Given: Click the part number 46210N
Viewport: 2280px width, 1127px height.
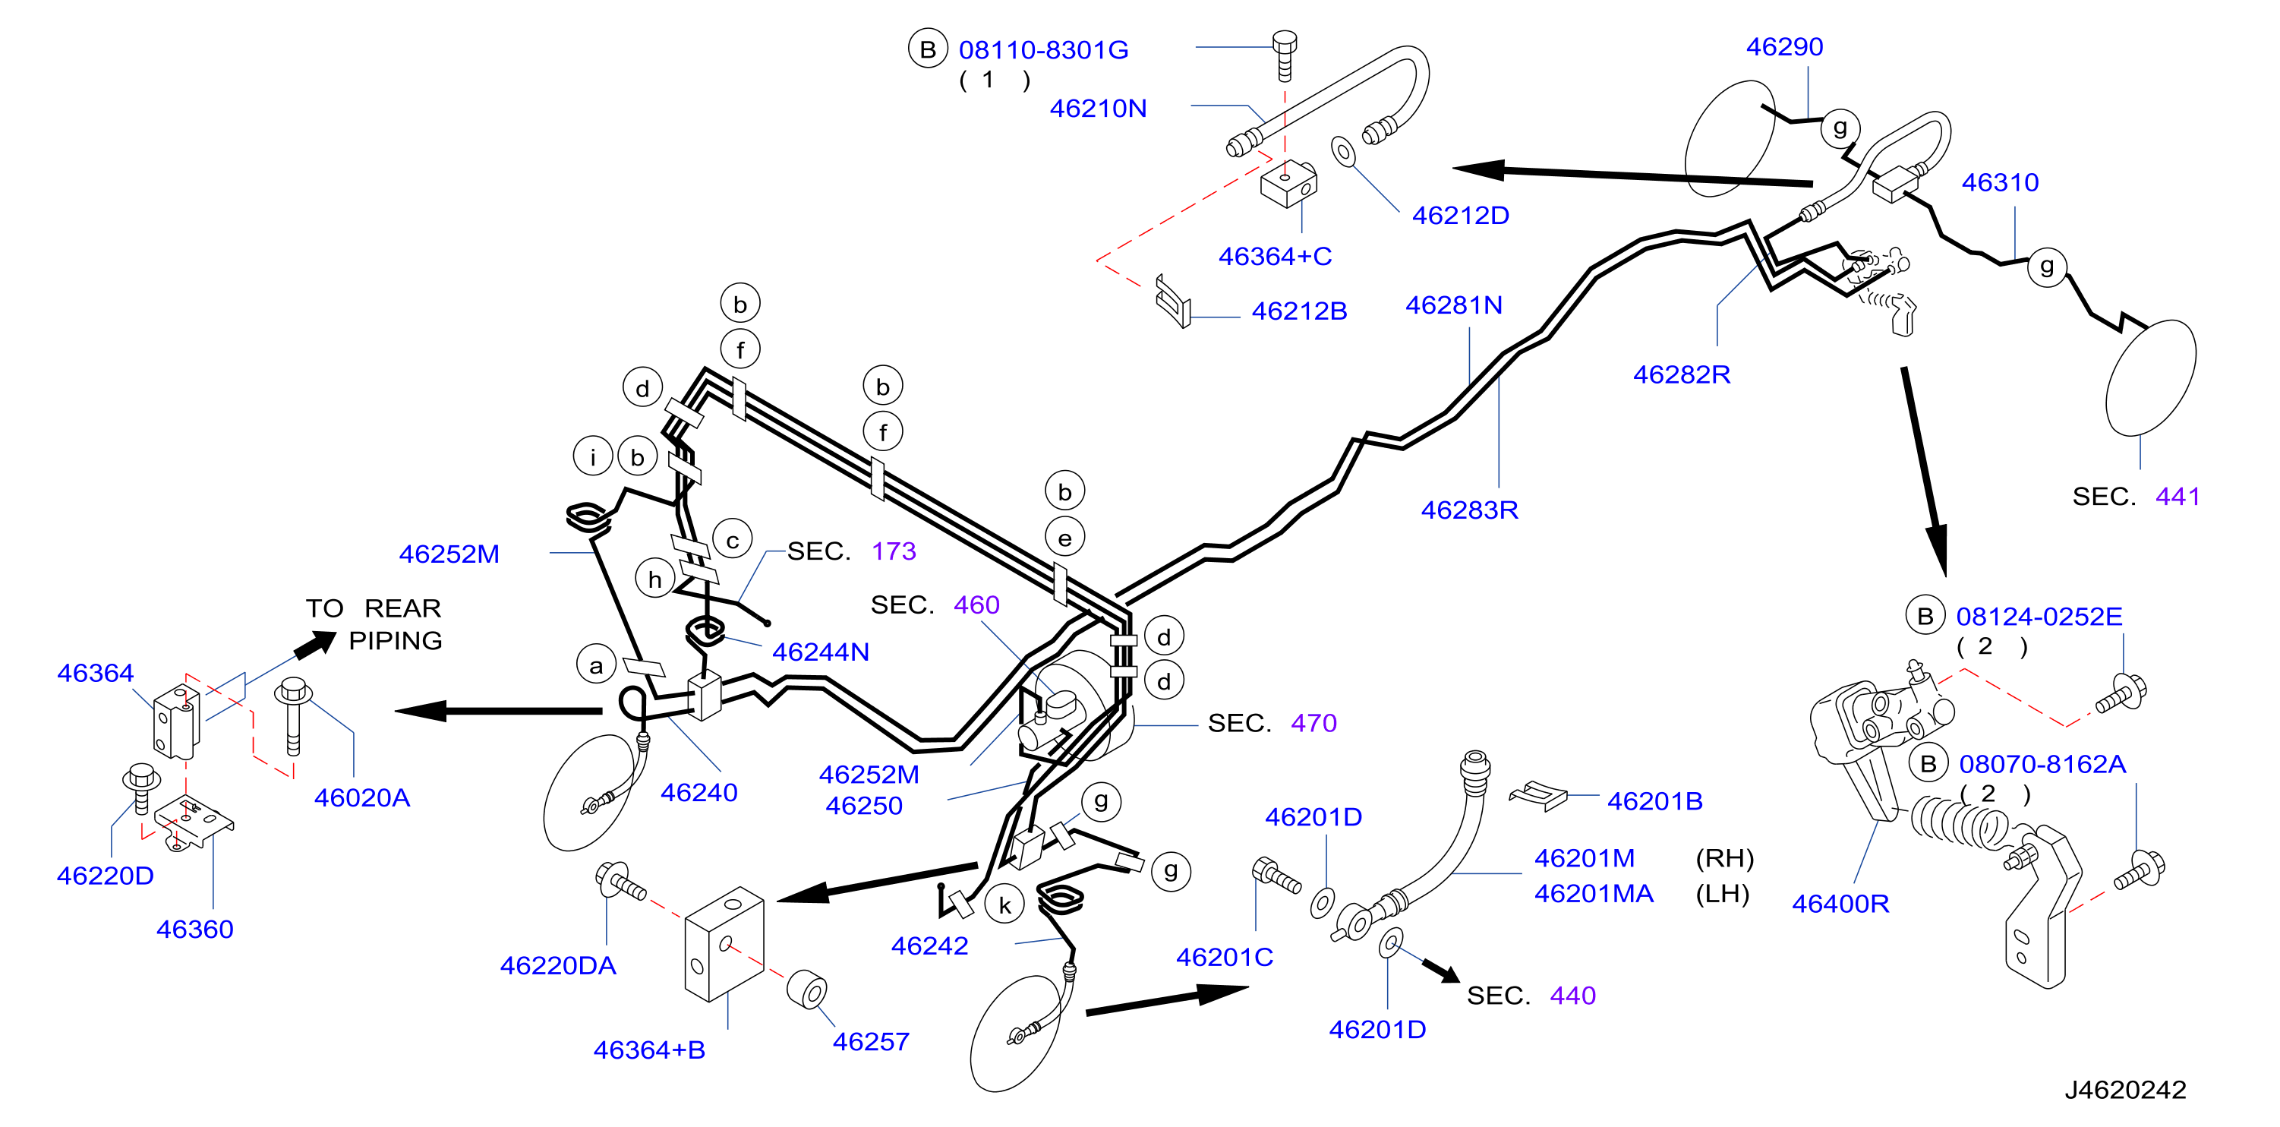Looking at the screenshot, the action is [x=1098, y=108].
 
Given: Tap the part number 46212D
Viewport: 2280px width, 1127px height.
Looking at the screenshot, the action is [x=1461, y=215].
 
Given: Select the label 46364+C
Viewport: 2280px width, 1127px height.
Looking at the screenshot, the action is [x=1275, y=256].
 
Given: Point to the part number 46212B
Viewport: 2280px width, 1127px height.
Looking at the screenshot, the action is [x=1299, y=311].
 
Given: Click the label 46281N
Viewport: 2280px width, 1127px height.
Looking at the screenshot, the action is [x=1454, y=305].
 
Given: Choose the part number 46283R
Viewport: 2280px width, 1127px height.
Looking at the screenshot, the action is [x=1469, y=510].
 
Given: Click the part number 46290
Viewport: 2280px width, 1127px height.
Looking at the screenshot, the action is [x=1784, y=46].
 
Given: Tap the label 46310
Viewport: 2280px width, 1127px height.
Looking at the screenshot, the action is [x=2001, y=182].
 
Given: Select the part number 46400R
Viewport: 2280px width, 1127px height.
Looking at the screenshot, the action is [x=1840, y=903].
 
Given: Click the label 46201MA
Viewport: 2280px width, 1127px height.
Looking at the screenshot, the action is [x=1594, y=893].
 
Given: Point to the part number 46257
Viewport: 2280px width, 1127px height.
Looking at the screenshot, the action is [x=871, y=1041].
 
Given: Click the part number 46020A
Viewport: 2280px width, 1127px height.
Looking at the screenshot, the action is [x=362, y=797].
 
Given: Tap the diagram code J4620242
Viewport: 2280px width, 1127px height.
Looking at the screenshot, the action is [x=2125, y=1089].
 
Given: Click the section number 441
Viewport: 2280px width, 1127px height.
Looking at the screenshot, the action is [x=2178, y=496].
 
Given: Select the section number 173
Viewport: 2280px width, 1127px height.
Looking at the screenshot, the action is [x=894, y=551].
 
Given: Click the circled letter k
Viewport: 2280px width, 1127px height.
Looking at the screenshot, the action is [x=1004, y=904].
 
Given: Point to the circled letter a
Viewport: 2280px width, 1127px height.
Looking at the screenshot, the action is [x=596, y=666].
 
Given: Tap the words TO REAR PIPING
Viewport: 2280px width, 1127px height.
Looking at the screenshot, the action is [x=374, y=623].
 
